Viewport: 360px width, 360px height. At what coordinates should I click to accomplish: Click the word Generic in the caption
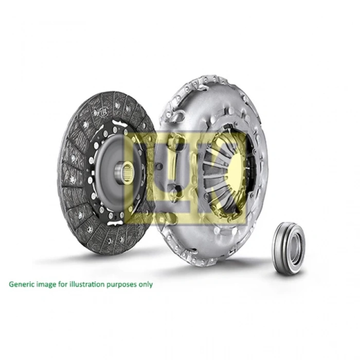(21, 283)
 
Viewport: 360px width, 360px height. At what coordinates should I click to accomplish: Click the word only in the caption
(145, 283)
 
